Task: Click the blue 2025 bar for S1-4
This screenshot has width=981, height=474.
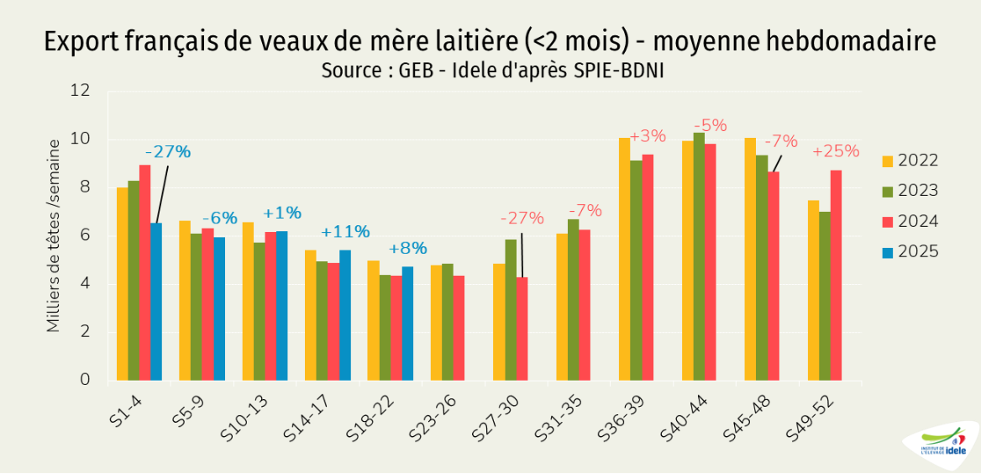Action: click(x=156, y=301)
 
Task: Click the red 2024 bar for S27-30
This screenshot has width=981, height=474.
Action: click(x=522, y=328)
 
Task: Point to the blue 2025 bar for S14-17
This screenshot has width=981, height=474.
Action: click(x=345, y=314)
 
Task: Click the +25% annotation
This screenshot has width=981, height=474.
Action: click(x=836, y=151)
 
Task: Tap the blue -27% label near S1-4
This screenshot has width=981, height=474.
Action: click(x=168, y=152)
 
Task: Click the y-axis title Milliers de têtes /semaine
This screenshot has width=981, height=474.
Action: click(x=54, y=235)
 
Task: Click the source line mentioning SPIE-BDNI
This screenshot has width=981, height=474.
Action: click(x=492, y=71)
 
